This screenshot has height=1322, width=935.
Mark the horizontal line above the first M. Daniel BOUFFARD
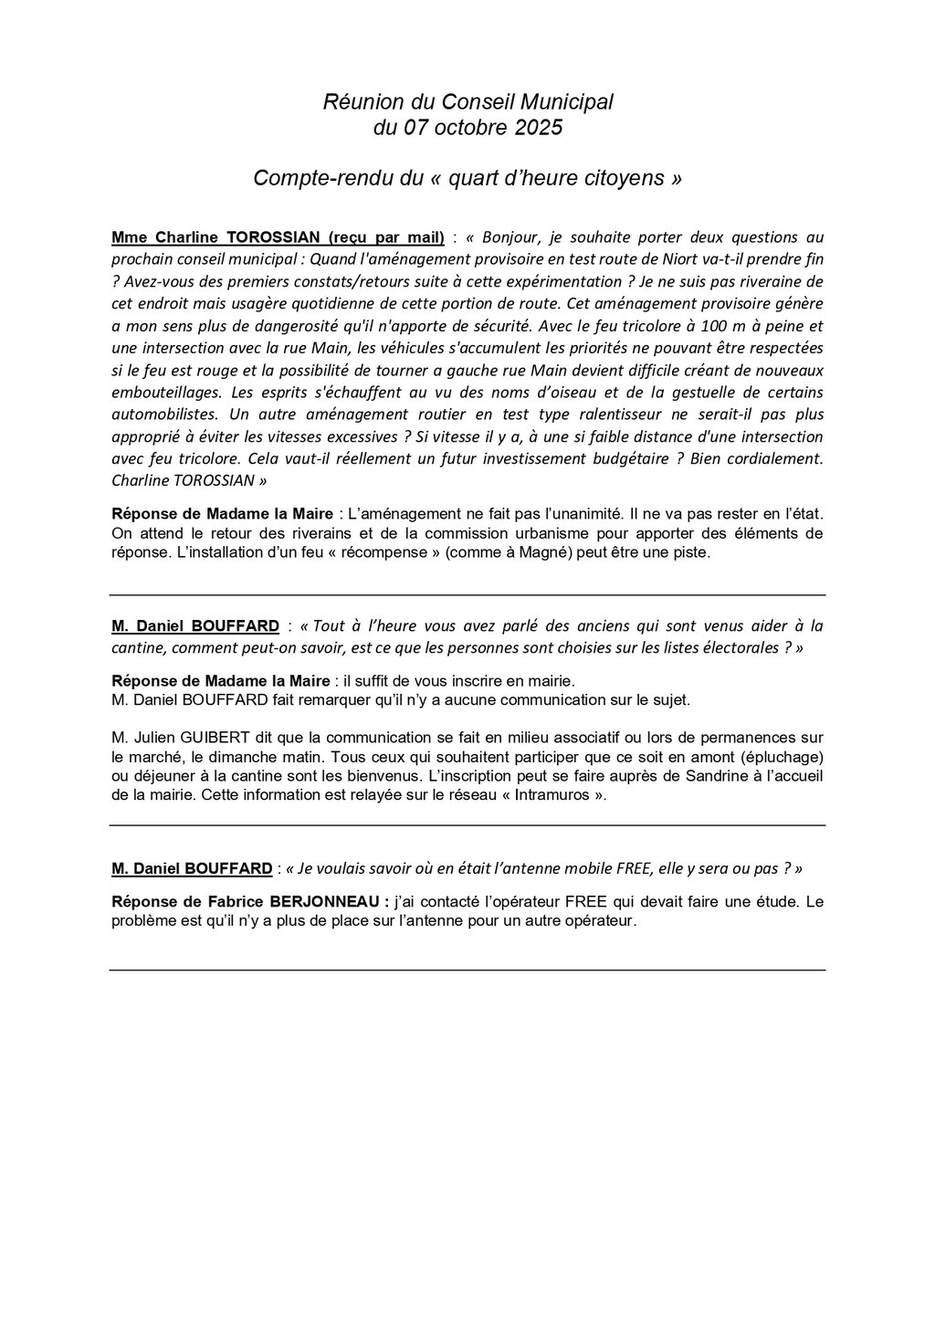[467, 595]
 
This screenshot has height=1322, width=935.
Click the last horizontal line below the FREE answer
[467, 970]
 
